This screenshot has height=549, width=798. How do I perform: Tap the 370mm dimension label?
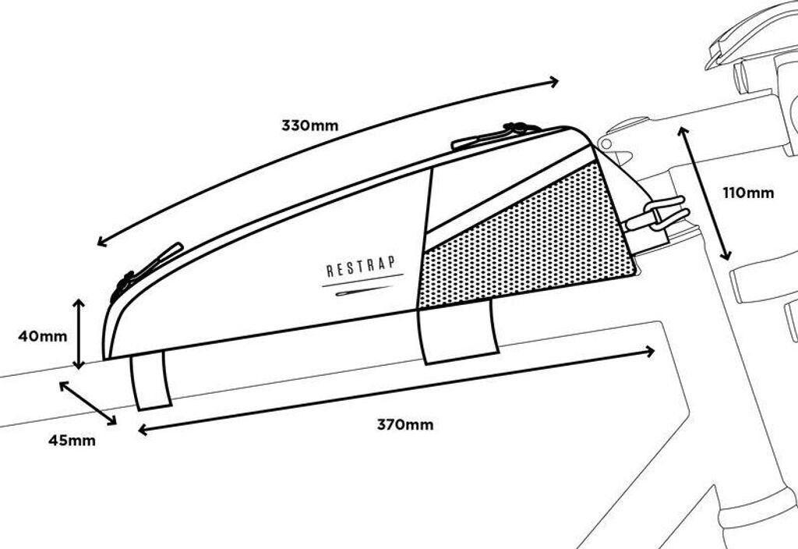click(x=405, y=425)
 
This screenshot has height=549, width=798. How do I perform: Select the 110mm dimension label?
click(x=749, y=193)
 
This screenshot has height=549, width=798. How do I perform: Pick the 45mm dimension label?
click(x=72, y=441)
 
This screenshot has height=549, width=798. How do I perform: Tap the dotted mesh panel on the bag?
click(x=530, y=242)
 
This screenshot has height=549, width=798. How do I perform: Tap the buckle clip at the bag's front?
click(x=659, y=214)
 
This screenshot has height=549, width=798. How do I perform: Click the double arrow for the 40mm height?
click(x=79, y=333)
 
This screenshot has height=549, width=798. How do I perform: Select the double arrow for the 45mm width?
click(x=87, y=403)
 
